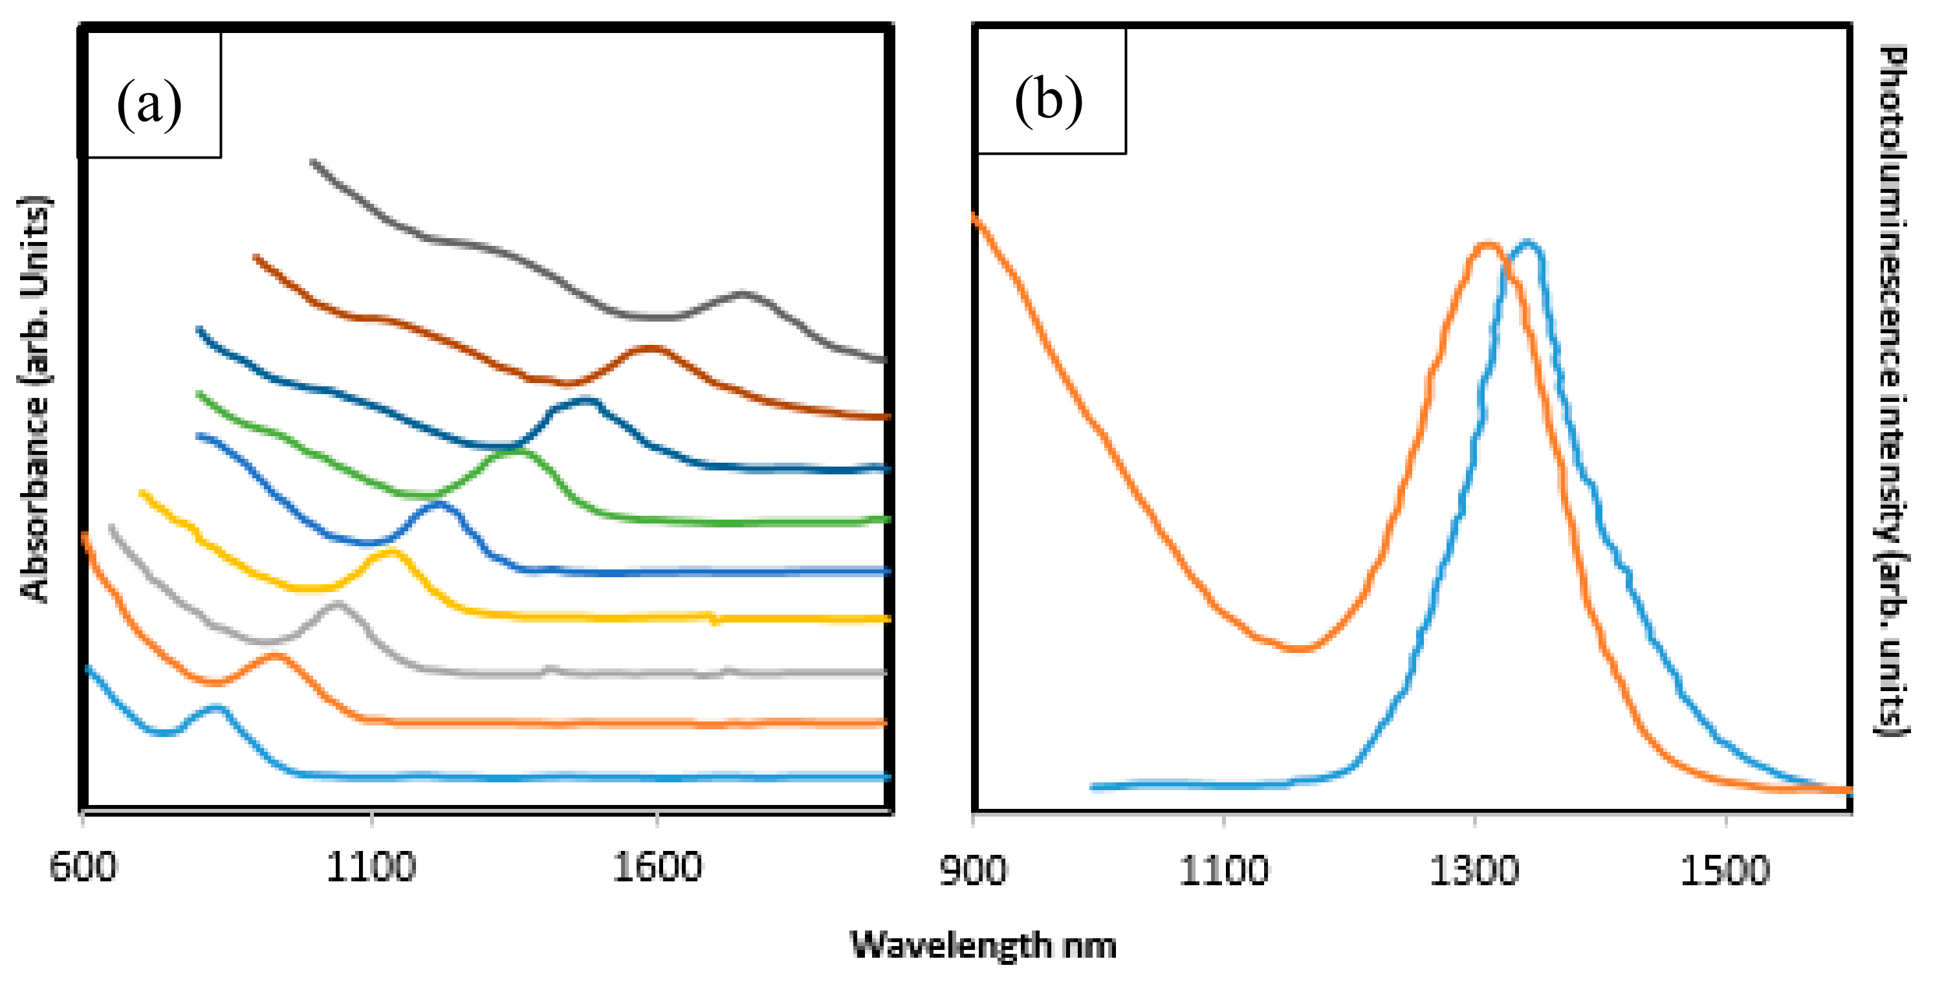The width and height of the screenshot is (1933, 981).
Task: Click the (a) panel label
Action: tap(149, 104)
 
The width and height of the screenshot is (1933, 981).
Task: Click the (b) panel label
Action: tap(1048, 100)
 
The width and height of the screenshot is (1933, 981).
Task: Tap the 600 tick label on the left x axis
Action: tap(83, 868)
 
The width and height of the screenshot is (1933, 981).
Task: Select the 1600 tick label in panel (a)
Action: tap(657, 868)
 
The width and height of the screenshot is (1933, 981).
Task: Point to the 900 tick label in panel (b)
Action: tap(972, 870)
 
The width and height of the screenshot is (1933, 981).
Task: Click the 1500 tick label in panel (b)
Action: tap(1725, 870)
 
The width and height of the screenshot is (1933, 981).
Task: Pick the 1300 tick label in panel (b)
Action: tap(1474, 870)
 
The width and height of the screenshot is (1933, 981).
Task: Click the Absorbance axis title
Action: tap(34, 398)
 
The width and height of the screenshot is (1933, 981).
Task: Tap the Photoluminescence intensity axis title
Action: tap(1892, 390)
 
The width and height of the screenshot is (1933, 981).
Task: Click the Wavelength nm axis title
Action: tap(983, 945)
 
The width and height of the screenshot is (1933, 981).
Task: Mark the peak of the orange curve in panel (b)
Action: tap(1487, 244)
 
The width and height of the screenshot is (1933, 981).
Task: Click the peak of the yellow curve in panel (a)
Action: tap(391, 553)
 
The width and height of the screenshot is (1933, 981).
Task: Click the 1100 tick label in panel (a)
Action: tap(370, 868)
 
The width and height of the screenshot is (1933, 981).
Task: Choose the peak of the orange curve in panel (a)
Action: tap(275, 656)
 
